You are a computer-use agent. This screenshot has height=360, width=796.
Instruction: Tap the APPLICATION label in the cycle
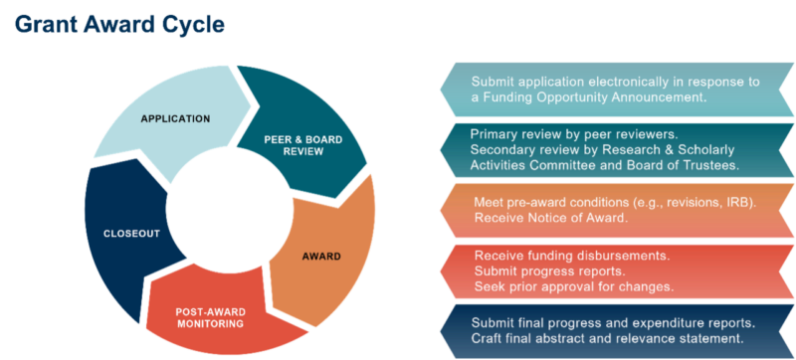(x=175, y=119)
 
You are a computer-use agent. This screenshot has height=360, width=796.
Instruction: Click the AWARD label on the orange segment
(x=320, y=256)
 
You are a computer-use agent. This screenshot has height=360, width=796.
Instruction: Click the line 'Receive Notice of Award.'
(x=550, y=217)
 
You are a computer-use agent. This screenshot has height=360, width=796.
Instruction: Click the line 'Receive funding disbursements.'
(x=571, y=256)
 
